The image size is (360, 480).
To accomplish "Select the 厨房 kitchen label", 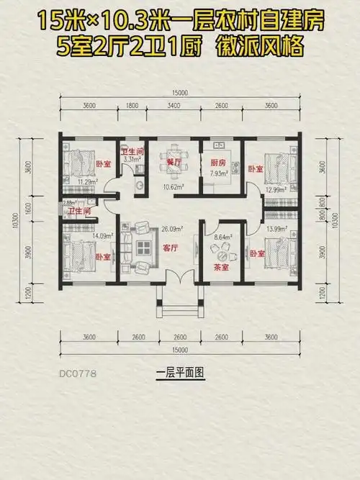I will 217,163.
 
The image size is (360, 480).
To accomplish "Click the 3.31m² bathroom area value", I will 130,160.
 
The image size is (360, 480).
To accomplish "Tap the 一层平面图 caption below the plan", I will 180,373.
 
